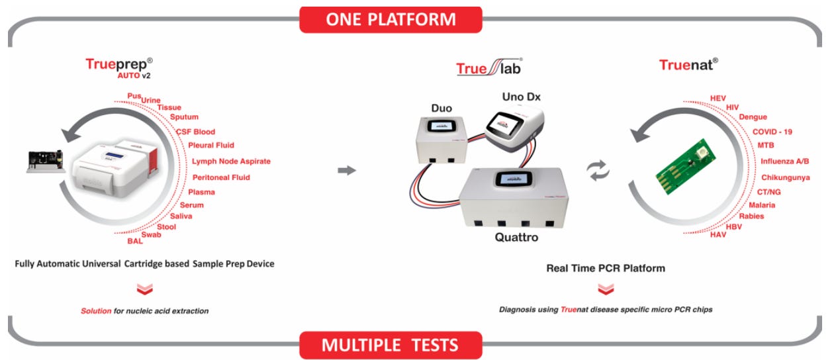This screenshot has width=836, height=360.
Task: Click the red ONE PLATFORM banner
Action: [391, 20]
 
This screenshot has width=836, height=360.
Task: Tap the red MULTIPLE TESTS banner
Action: [391, 345]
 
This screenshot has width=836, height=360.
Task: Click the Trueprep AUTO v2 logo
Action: [119, 68]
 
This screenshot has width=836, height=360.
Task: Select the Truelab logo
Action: [489, 67]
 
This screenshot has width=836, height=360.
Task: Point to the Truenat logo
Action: [688, 65]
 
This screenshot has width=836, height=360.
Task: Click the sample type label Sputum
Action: [184, 117]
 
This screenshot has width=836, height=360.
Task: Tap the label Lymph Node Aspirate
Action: [231, 161]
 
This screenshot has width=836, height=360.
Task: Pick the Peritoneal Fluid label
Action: [221, 177]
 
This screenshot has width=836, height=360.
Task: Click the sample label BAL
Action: [135, 241]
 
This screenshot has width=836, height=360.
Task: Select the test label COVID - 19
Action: [772, 132]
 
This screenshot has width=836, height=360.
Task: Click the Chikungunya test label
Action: [786, 177]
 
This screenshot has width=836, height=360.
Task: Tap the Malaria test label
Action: [762, 205]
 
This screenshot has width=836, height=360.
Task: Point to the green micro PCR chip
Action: [686, 166]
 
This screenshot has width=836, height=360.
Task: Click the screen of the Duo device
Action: [441, 126]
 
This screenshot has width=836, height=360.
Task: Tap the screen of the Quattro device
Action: [514, 179]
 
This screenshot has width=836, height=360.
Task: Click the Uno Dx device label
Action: [521, 97]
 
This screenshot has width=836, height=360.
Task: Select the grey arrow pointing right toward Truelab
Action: [347, 171]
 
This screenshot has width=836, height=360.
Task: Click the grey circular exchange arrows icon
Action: [598, 171]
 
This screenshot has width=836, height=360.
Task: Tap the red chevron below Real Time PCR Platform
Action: [606, 289]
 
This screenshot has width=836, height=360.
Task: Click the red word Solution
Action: [96, 311]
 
